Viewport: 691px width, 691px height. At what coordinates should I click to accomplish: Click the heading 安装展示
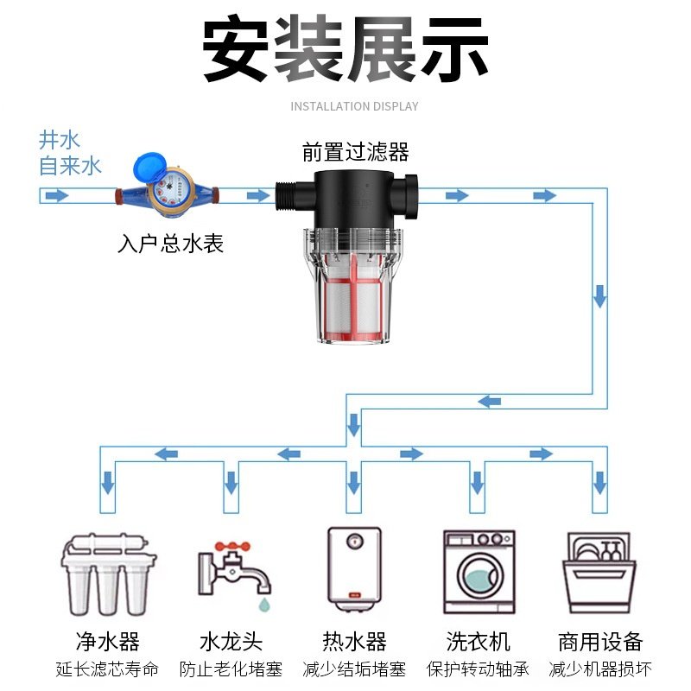pyautogui.click(x=345, y=49)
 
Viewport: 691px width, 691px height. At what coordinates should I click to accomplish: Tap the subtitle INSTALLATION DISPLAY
pyautogui.click(x=354, y=106)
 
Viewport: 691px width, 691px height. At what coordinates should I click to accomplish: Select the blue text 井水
pyautogui.click(x=59, y=140)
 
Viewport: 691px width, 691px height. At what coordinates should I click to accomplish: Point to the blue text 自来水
pyautogui.click(x=70, y=166)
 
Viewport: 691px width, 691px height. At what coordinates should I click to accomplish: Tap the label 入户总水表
pyautogui.click(x=170, y=244)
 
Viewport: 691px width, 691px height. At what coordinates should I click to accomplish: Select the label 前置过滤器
pyautogui.click(x=355, y=153)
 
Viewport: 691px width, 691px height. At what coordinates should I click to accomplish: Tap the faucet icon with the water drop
pyautogui.click(x=231, y=570)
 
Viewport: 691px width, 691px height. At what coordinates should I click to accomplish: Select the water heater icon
pyautogui.click(x=353, y=567)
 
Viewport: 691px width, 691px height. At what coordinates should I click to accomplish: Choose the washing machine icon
pyautogui.click(x=478, y=569)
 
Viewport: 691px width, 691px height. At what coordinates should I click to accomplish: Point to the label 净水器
pyautogui.click(x=107, y=642)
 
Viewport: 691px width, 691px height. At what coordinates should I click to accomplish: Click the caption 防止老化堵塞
pyautogui.click(x=231, y=669)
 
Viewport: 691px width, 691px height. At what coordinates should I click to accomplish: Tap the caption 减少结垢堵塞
pyautogui.click(x=354, y=669)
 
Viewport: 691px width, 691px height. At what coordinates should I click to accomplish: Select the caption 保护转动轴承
pyautogui.click(x=478, y=669)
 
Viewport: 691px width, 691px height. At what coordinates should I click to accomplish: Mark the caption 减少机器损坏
pyautogui.click(x=600, y=669)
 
